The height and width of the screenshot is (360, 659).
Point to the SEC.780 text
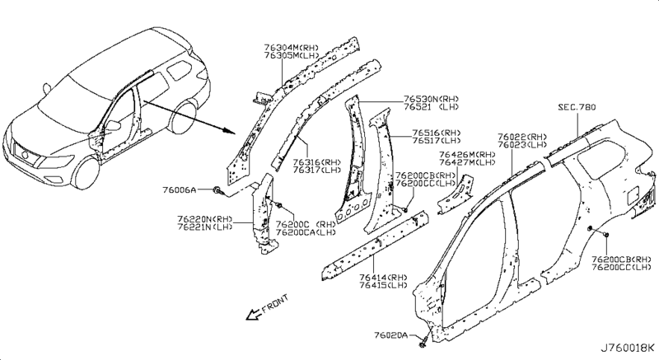575,107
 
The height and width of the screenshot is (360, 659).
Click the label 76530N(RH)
430,97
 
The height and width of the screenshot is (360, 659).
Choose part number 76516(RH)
437,132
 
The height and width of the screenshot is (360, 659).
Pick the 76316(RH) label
317,162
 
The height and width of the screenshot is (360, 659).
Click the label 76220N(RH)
203,218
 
